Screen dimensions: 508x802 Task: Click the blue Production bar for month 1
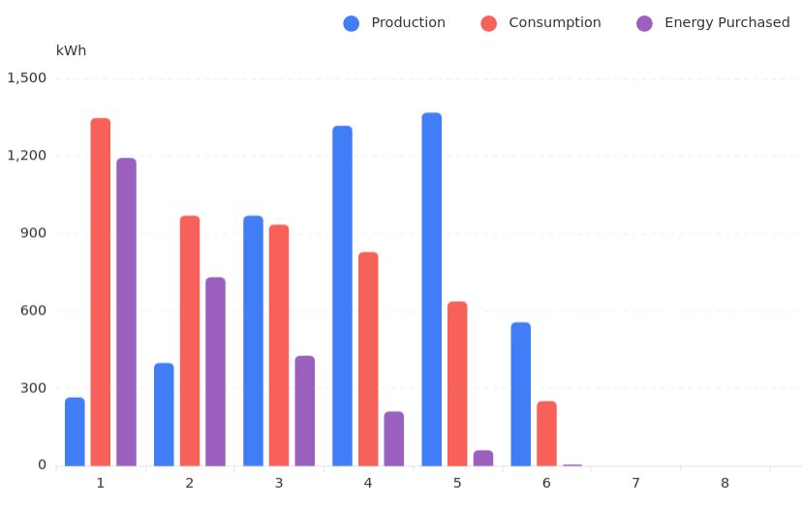pos(75,432)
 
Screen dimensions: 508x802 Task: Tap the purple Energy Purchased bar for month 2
pos(215,372)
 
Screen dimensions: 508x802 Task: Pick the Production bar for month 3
pos(253,341)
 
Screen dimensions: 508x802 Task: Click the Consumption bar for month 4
pos(368,359)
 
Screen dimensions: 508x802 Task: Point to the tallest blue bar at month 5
pos(431,289)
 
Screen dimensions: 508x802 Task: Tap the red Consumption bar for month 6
pos(546,433)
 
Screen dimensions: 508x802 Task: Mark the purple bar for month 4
pos(394,438)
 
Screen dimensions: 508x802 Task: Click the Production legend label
pos(408,23)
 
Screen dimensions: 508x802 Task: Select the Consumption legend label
pos(554,23)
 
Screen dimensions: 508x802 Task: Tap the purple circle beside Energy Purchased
pos(644,23)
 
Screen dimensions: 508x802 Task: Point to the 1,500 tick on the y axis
pos(27,78)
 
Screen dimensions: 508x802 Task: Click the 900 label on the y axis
pos(33,233)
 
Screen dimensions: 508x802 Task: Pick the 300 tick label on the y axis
pos(33,388)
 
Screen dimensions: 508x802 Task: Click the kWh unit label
pos(71,51)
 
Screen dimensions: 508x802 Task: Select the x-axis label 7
pos(635,483)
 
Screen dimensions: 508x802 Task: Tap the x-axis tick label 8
pos(725,483)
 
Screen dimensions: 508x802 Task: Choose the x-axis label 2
pos(190,483)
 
